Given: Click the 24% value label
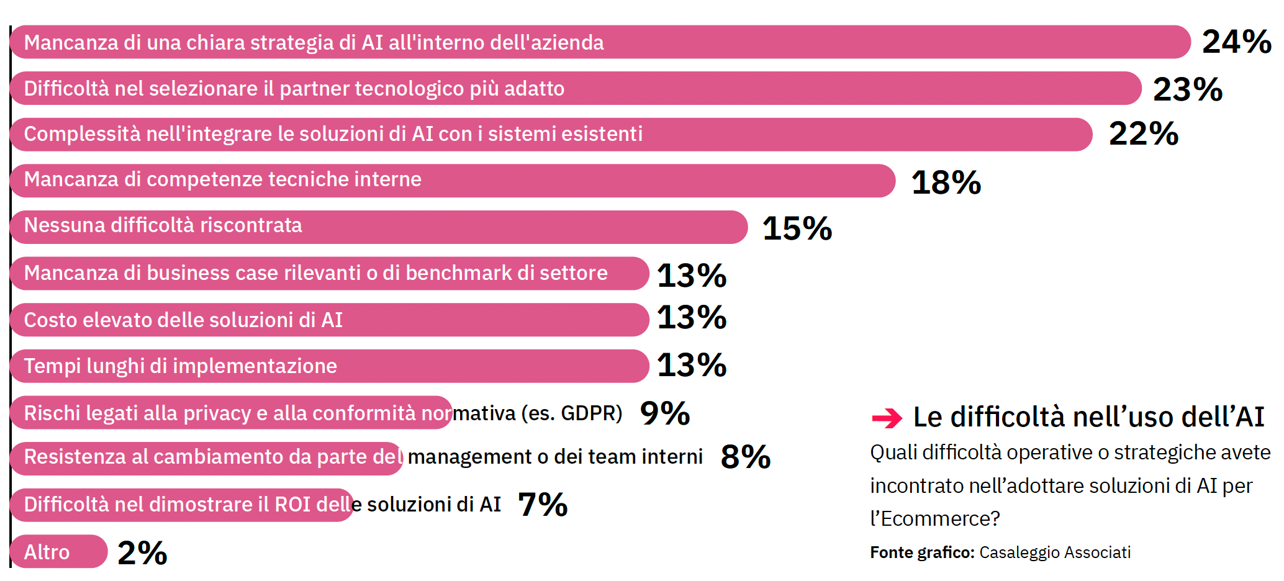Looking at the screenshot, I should [1236, 42].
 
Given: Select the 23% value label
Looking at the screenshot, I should [1187, 89].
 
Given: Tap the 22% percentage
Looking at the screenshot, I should [1143, 134].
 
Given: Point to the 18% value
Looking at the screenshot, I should [946, 183].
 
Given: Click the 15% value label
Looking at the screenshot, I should [797, 228].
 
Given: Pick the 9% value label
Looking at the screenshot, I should [664, 413].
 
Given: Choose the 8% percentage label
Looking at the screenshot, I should [745, 457].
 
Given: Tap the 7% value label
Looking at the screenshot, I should [542, 504].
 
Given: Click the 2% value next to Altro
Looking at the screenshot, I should [142, 552].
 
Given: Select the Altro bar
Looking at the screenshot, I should [59, 552].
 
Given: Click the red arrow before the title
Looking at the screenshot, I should [887, 418].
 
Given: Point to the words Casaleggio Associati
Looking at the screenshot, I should [1054, 552].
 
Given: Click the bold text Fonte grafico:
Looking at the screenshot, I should [921, 552].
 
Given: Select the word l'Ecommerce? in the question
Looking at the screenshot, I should [934, 519].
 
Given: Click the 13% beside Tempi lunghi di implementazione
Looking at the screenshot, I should [691, 366].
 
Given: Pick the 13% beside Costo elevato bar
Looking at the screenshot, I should [691, 318].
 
